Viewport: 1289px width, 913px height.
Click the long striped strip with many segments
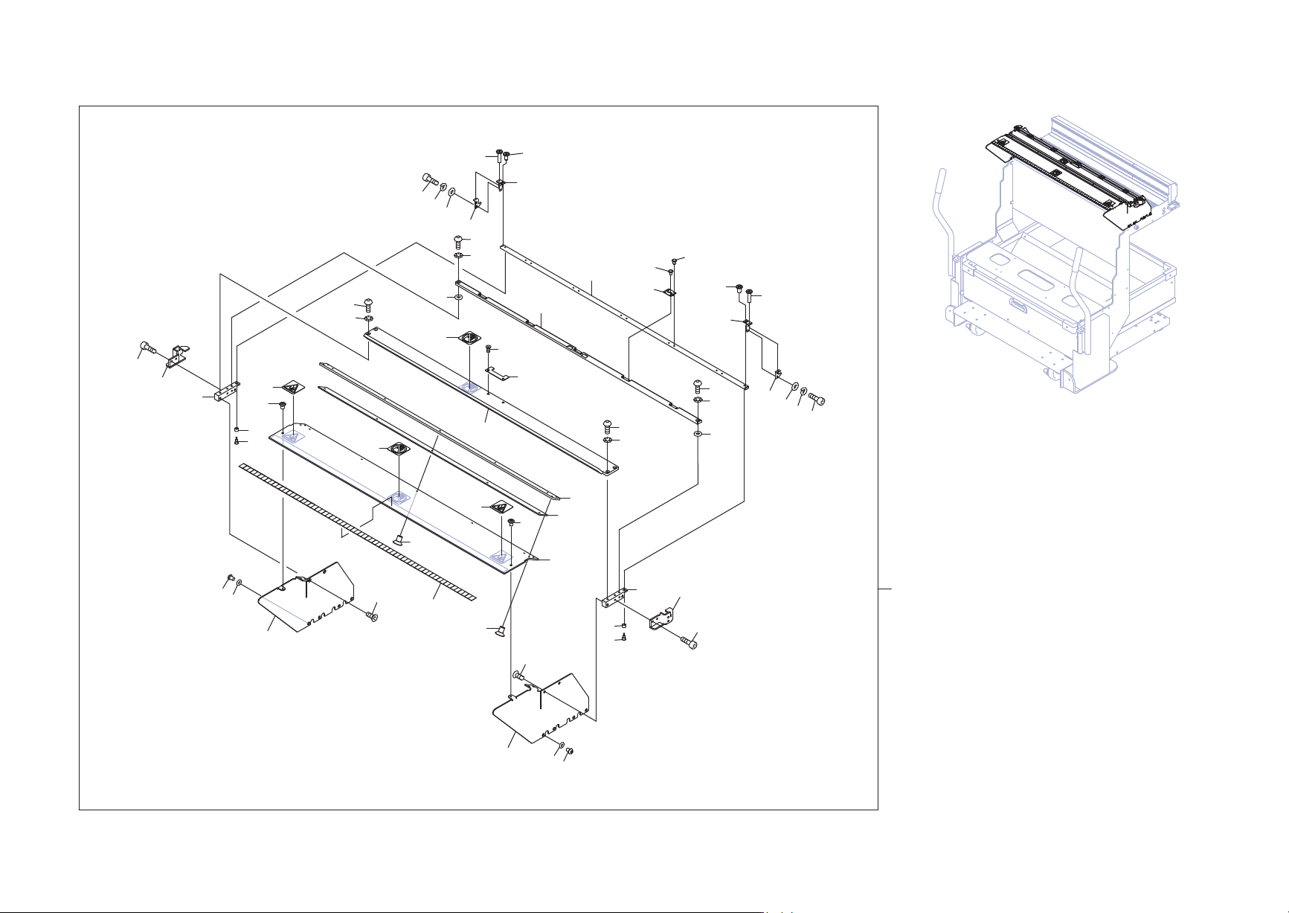point(357,530)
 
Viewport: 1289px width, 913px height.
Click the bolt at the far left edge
point(147,347)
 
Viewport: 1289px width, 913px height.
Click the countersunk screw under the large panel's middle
point(400,537)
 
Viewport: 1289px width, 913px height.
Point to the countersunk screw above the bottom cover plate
point(501,632)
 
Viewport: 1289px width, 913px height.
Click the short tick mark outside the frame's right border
point(884,589)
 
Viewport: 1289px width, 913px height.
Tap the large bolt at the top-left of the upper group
point(428,179)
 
